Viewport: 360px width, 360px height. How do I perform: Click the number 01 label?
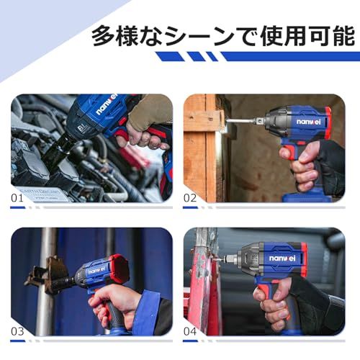coord(17,198)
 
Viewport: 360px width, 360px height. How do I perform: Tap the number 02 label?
coord(190,198)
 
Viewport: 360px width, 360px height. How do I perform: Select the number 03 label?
coord(17,331)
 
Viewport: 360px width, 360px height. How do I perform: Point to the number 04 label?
coord(190,331)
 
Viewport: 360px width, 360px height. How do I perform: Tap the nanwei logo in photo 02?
coord(308,122)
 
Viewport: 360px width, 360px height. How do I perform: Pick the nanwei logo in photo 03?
coord(98,271)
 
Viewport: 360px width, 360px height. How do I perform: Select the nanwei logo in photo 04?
coord(282,258)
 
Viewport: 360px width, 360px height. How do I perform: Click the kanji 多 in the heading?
coord(105,37)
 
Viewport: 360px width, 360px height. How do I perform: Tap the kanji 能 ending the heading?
coord(342,37)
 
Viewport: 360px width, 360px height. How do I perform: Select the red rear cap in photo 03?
coord(118,268)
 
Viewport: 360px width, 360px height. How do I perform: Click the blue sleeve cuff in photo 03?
coord(147,312)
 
